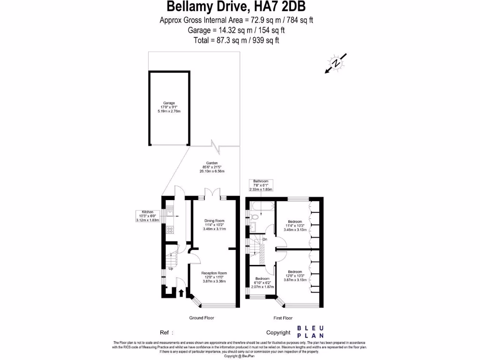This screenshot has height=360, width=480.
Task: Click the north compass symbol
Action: pos(336,64)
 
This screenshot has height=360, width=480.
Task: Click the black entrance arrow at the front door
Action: pos(181,293)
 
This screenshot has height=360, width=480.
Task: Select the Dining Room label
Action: pos(214,225)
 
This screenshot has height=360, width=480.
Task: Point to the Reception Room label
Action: pos(214,277)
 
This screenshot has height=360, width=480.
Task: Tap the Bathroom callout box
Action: pos(261,185)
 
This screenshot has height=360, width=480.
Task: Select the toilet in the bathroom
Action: pos(254,217)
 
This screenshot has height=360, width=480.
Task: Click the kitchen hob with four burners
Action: pos(170,230)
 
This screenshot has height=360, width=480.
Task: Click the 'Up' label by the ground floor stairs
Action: pos(171,269)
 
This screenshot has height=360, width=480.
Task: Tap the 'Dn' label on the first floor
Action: pos(265,239)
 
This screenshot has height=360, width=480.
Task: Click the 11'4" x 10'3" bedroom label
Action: pos(295,225)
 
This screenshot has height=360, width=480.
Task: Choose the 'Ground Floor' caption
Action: pos(202,318)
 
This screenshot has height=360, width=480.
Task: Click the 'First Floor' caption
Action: pos(283,318)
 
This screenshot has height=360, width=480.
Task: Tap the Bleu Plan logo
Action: pos(310,332)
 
